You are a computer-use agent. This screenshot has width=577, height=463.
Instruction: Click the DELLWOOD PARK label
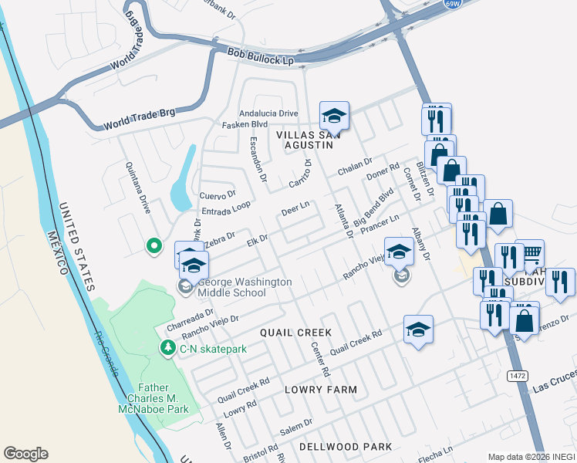pyautogui.click(x=346, y=447)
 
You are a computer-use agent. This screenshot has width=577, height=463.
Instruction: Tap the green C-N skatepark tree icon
pyautogui.click(x=167, y=349)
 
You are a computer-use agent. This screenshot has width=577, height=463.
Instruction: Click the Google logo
pyautogui.click(x=25, y=454)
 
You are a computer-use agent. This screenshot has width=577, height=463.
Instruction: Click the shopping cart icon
pyautogui.click(x=530, y=253)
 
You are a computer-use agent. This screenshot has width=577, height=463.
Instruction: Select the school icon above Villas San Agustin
pyautogui.click(x=334, y=116)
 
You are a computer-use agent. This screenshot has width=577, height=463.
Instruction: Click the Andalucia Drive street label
pyautogui.click(x=268, y=113)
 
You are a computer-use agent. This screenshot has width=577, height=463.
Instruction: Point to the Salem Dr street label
pyautogui.click(x=297, y=424)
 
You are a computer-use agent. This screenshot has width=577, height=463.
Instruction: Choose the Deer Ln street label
pyautogui.click(x=295, y=208)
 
